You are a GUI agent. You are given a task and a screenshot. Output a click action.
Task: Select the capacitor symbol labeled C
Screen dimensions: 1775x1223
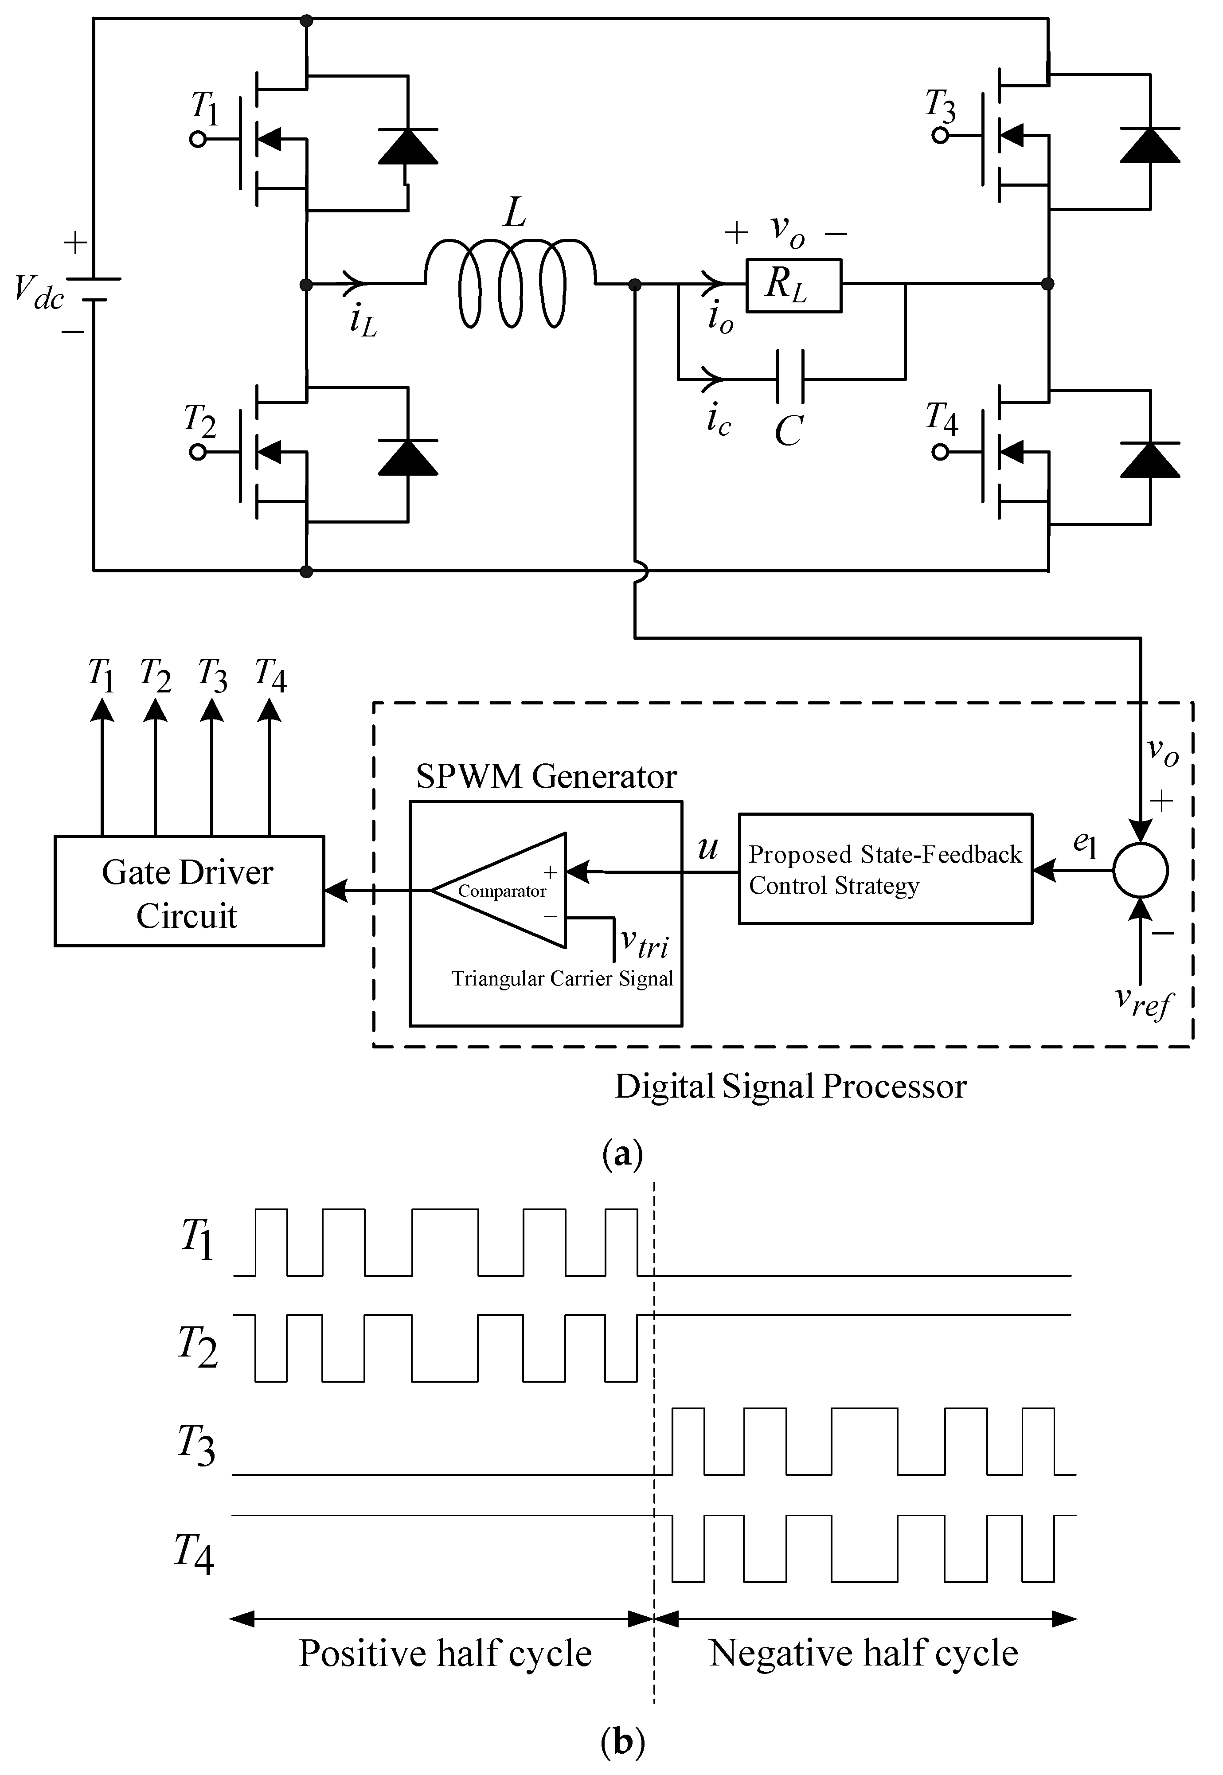790,377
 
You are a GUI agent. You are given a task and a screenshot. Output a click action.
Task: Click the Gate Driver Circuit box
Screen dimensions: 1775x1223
188,891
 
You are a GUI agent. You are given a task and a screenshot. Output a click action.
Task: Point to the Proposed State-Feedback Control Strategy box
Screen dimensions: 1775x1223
885,869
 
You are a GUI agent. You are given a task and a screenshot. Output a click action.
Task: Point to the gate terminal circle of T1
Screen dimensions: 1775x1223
198,140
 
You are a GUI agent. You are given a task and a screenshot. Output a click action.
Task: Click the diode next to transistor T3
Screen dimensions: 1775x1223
1149,145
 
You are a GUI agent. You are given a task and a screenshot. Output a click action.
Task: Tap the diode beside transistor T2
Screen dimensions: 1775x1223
408,457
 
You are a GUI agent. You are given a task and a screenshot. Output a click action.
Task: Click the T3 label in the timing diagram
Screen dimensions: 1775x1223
196,1446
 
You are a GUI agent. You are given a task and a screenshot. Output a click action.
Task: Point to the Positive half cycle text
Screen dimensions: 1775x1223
445,1653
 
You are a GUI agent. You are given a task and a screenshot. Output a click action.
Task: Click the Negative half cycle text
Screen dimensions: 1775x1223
864,1653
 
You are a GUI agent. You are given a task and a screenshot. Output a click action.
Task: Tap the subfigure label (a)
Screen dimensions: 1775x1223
622,1153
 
